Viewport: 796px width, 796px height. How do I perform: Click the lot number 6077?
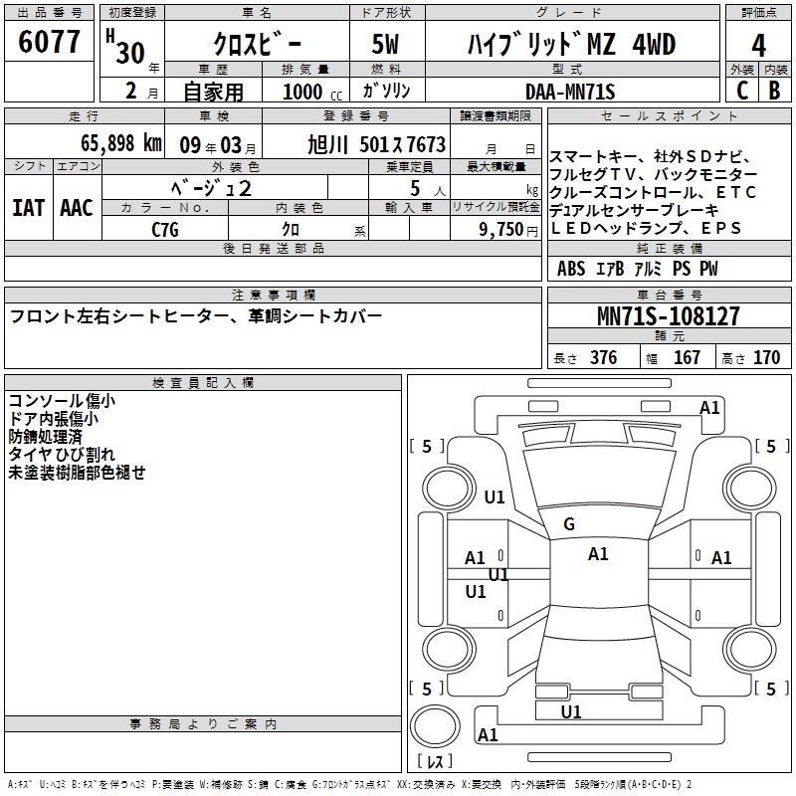click(49, 42)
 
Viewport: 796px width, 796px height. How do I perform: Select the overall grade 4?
click(758, 46)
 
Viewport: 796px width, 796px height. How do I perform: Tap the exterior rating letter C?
click(742, 91)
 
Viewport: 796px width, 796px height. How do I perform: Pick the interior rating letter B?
click(774, 91)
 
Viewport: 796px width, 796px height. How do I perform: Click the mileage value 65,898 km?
click(121, 143)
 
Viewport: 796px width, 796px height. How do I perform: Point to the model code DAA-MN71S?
click(570, 92)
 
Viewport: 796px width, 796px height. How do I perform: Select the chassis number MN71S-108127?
click(668, 315)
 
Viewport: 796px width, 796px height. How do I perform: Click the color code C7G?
click(165, 230)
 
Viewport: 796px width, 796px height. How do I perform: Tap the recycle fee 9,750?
click(501, 230)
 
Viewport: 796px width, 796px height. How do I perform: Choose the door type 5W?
click(385, 44)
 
